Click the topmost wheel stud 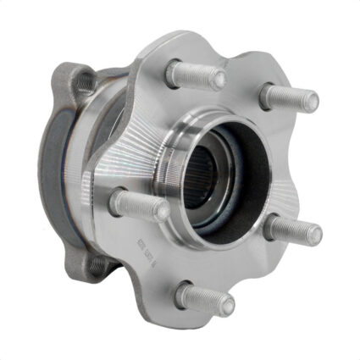pos(197,76)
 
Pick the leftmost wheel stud pos(139,204)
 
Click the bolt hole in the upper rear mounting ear pos(84,81)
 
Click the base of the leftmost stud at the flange pos(119,200)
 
